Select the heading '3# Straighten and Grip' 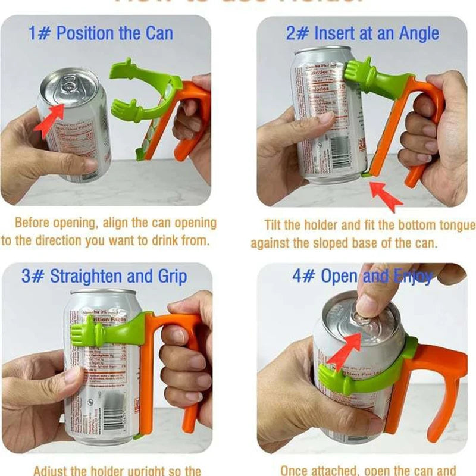(104, 276)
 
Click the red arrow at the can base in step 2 (384, 195)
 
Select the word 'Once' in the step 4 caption (296, 471)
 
